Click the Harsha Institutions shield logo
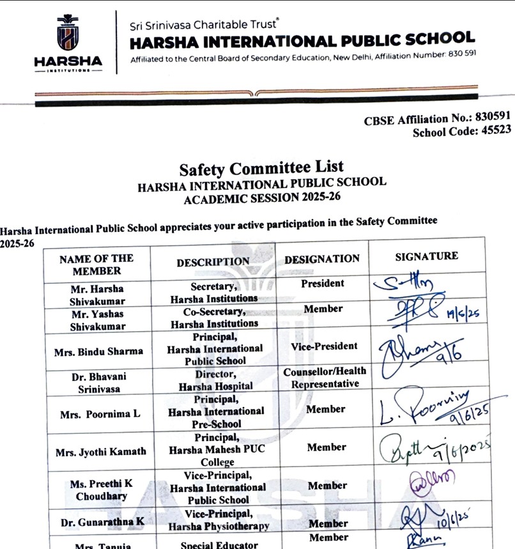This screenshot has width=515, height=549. tap(68, 33)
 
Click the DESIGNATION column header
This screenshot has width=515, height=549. tap(322, 259)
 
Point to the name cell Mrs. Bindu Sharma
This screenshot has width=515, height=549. tap(101, 351)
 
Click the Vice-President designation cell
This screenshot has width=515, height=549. tap(323, 346)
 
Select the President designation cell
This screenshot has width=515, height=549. tap(323, 283)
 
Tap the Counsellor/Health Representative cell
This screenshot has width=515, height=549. tap(325, 377)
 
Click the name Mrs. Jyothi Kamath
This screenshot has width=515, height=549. tap(101, 451)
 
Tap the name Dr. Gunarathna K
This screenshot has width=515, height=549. tap(102, 522)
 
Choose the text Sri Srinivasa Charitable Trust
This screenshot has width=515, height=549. tap(203, 26)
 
